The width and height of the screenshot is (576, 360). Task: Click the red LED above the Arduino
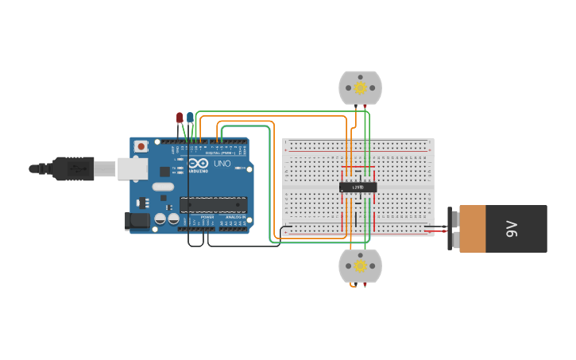pos(180,118)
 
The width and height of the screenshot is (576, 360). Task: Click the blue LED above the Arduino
pos(190,118)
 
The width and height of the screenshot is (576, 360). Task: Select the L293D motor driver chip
pos(358,188)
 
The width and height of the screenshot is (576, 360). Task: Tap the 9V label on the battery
pos(512,229)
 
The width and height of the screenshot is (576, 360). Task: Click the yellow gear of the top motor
pos(360,87)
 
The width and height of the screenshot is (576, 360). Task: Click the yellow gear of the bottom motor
pos(360,265)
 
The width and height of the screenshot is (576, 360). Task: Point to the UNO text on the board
pos(222,164)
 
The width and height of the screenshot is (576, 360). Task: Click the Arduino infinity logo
pos(199,163)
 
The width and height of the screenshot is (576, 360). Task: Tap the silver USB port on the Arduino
pos(133,168)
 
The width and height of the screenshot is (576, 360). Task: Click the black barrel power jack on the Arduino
pos(137,221)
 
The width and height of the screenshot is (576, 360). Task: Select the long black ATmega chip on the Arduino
pos(213,204)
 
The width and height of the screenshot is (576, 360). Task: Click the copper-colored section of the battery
pos(472,229)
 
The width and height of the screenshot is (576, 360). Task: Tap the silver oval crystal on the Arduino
pos(163,187)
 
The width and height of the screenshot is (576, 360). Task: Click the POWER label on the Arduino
pos(207,217)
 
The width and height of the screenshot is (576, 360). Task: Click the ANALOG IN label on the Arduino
pos(236,217)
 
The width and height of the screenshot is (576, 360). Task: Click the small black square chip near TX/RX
pos(164,171)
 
